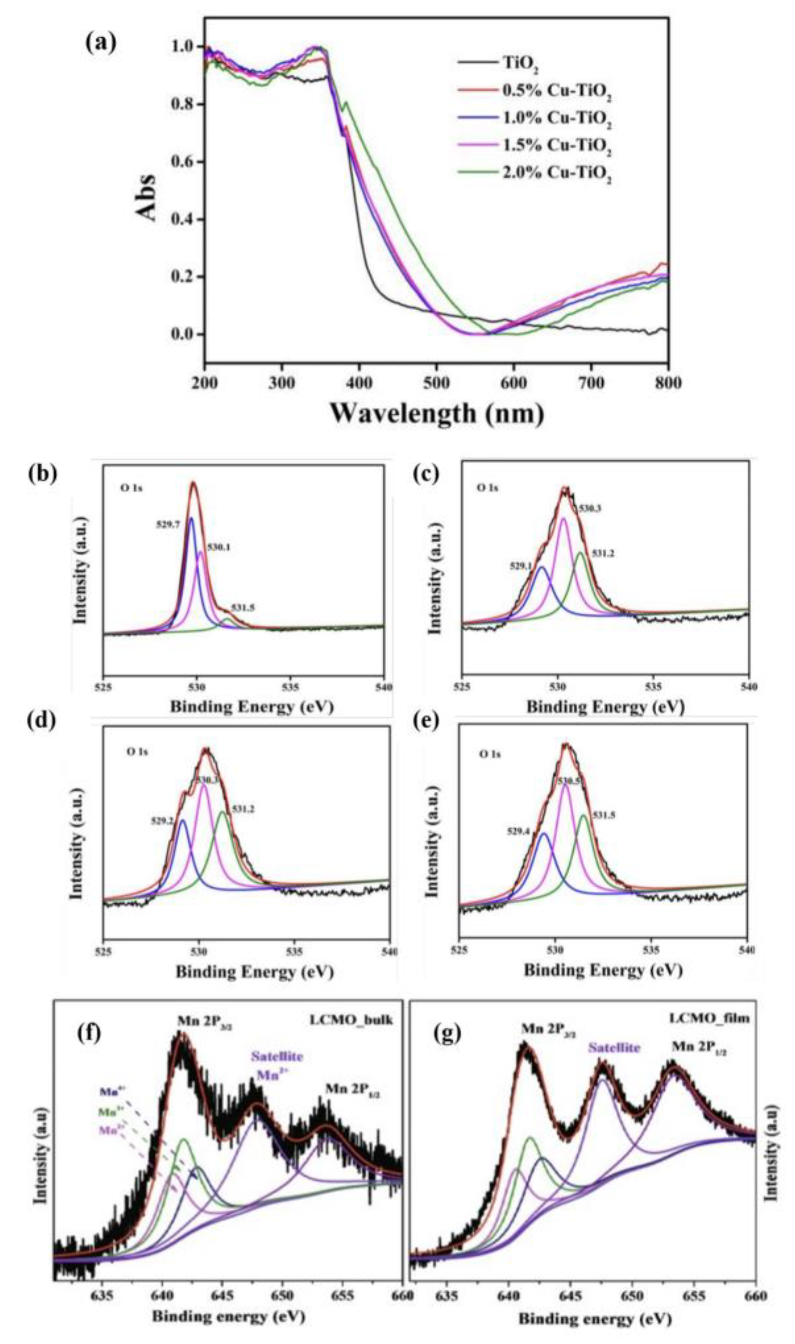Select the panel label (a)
point(100,41)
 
